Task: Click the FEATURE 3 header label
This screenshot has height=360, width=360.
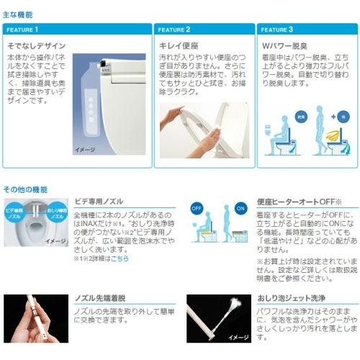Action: tap(276, 30)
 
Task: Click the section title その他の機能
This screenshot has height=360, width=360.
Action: tap(25, 189)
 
